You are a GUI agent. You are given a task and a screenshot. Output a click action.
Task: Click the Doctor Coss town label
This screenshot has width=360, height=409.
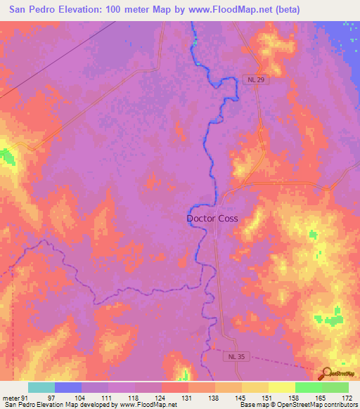pyautogui.click(x=212, y=218)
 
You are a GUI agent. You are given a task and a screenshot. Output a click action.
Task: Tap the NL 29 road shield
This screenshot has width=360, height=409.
pyautogui.click(x=257, y=80)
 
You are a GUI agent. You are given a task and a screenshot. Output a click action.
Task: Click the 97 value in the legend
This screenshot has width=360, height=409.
pyautogui.click(x=51, y=397)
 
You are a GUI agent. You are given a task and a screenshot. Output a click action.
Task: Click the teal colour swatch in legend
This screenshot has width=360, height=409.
pyautogui.click(x=41, y=387)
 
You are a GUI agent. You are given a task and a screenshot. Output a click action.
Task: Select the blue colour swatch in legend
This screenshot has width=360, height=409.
pyautogui.click(x=67, y=387)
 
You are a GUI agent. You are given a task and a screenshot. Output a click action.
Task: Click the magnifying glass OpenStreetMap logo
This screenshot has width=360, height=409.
pyautogui.click(x=327, y=374)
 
